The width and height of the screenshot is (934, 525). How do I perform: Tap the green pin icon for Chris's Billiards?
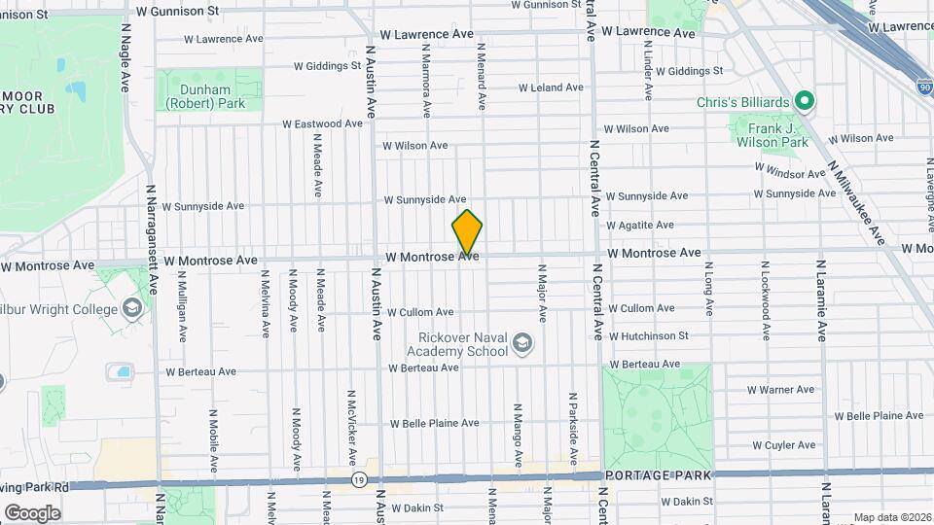[x=805, y=101]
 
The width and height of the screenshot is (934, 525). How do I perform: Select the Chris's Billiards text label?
[x=742, y=102]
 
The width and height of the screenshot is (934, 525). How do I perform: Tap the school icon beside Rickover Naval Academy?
[x=523, y=343]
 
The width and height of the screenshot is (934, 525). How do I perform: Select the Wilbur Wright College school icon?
[x=133, y=309]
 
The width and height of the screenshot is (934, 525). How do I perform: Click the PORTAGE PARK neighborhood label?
[x=658, y=475]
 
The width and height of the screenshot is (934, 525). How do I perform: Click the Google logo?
[x=32, y=512]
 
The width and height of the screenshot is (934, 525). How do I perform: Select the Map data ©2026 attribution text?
[x=891, y=517]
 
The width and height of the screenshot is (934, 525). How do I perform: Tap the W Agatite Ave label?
[x=639, y=225]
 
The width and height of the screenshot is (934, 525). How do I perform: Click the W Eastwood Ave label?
[x=324, y=124]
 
